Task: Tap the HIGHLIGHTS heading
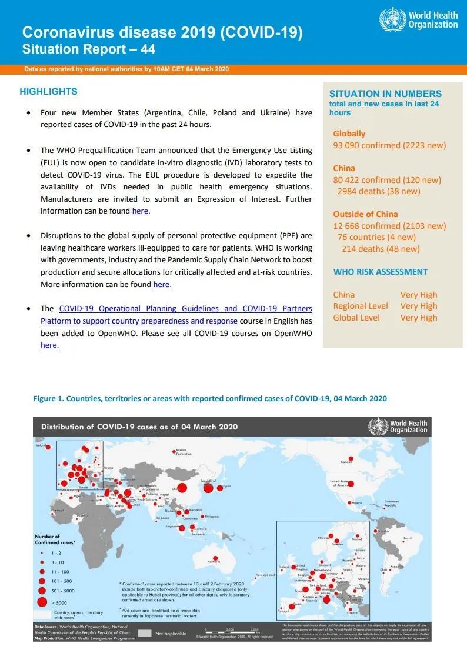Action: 48,92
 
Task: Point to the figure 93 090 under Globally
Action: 351,145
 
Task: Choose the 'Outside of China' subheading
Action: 365,214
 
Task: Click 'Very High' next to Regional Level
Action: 419,306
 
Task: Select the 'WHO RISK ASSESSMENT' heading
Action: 381,272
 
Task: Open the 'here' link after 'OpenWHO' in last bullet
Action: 49,345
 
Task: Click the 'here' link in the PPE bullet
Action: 161,285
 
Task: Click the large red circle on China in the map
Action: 181,488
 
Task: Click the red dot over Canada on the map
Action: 351,456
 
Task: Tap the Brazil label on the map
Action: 408,538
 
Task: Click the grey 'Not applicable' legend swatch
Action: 145,634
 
